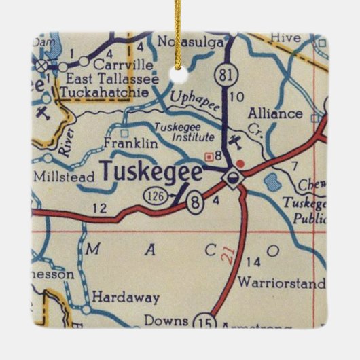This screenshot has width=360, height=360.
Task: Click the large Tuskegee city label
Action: point(151,172)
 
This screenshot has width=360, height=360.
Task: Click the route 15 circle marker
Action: point(203,321)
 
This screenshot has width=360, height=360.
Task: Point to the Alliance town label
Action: point(275,113)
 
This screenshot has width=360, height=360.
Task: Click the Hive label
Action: point(284,37)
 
